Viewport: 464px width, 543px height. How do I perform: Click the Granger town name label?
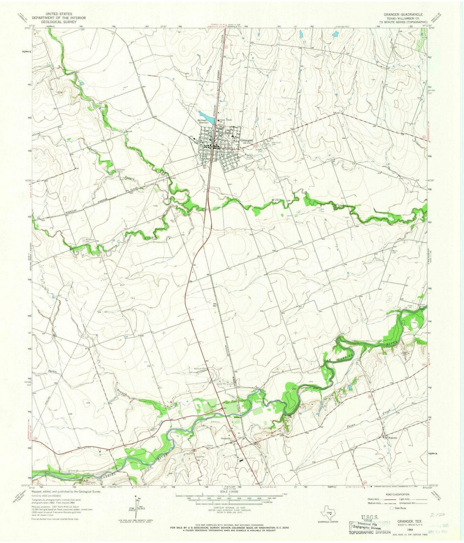247,140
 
